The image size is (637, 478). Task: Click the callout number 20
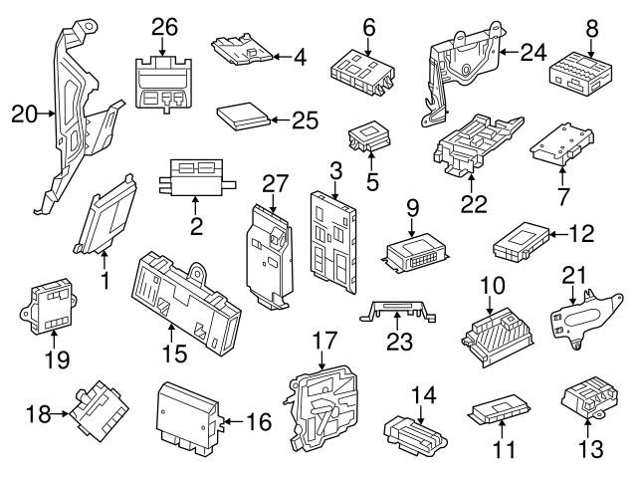pyautogui.click(x=23, y=115)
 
